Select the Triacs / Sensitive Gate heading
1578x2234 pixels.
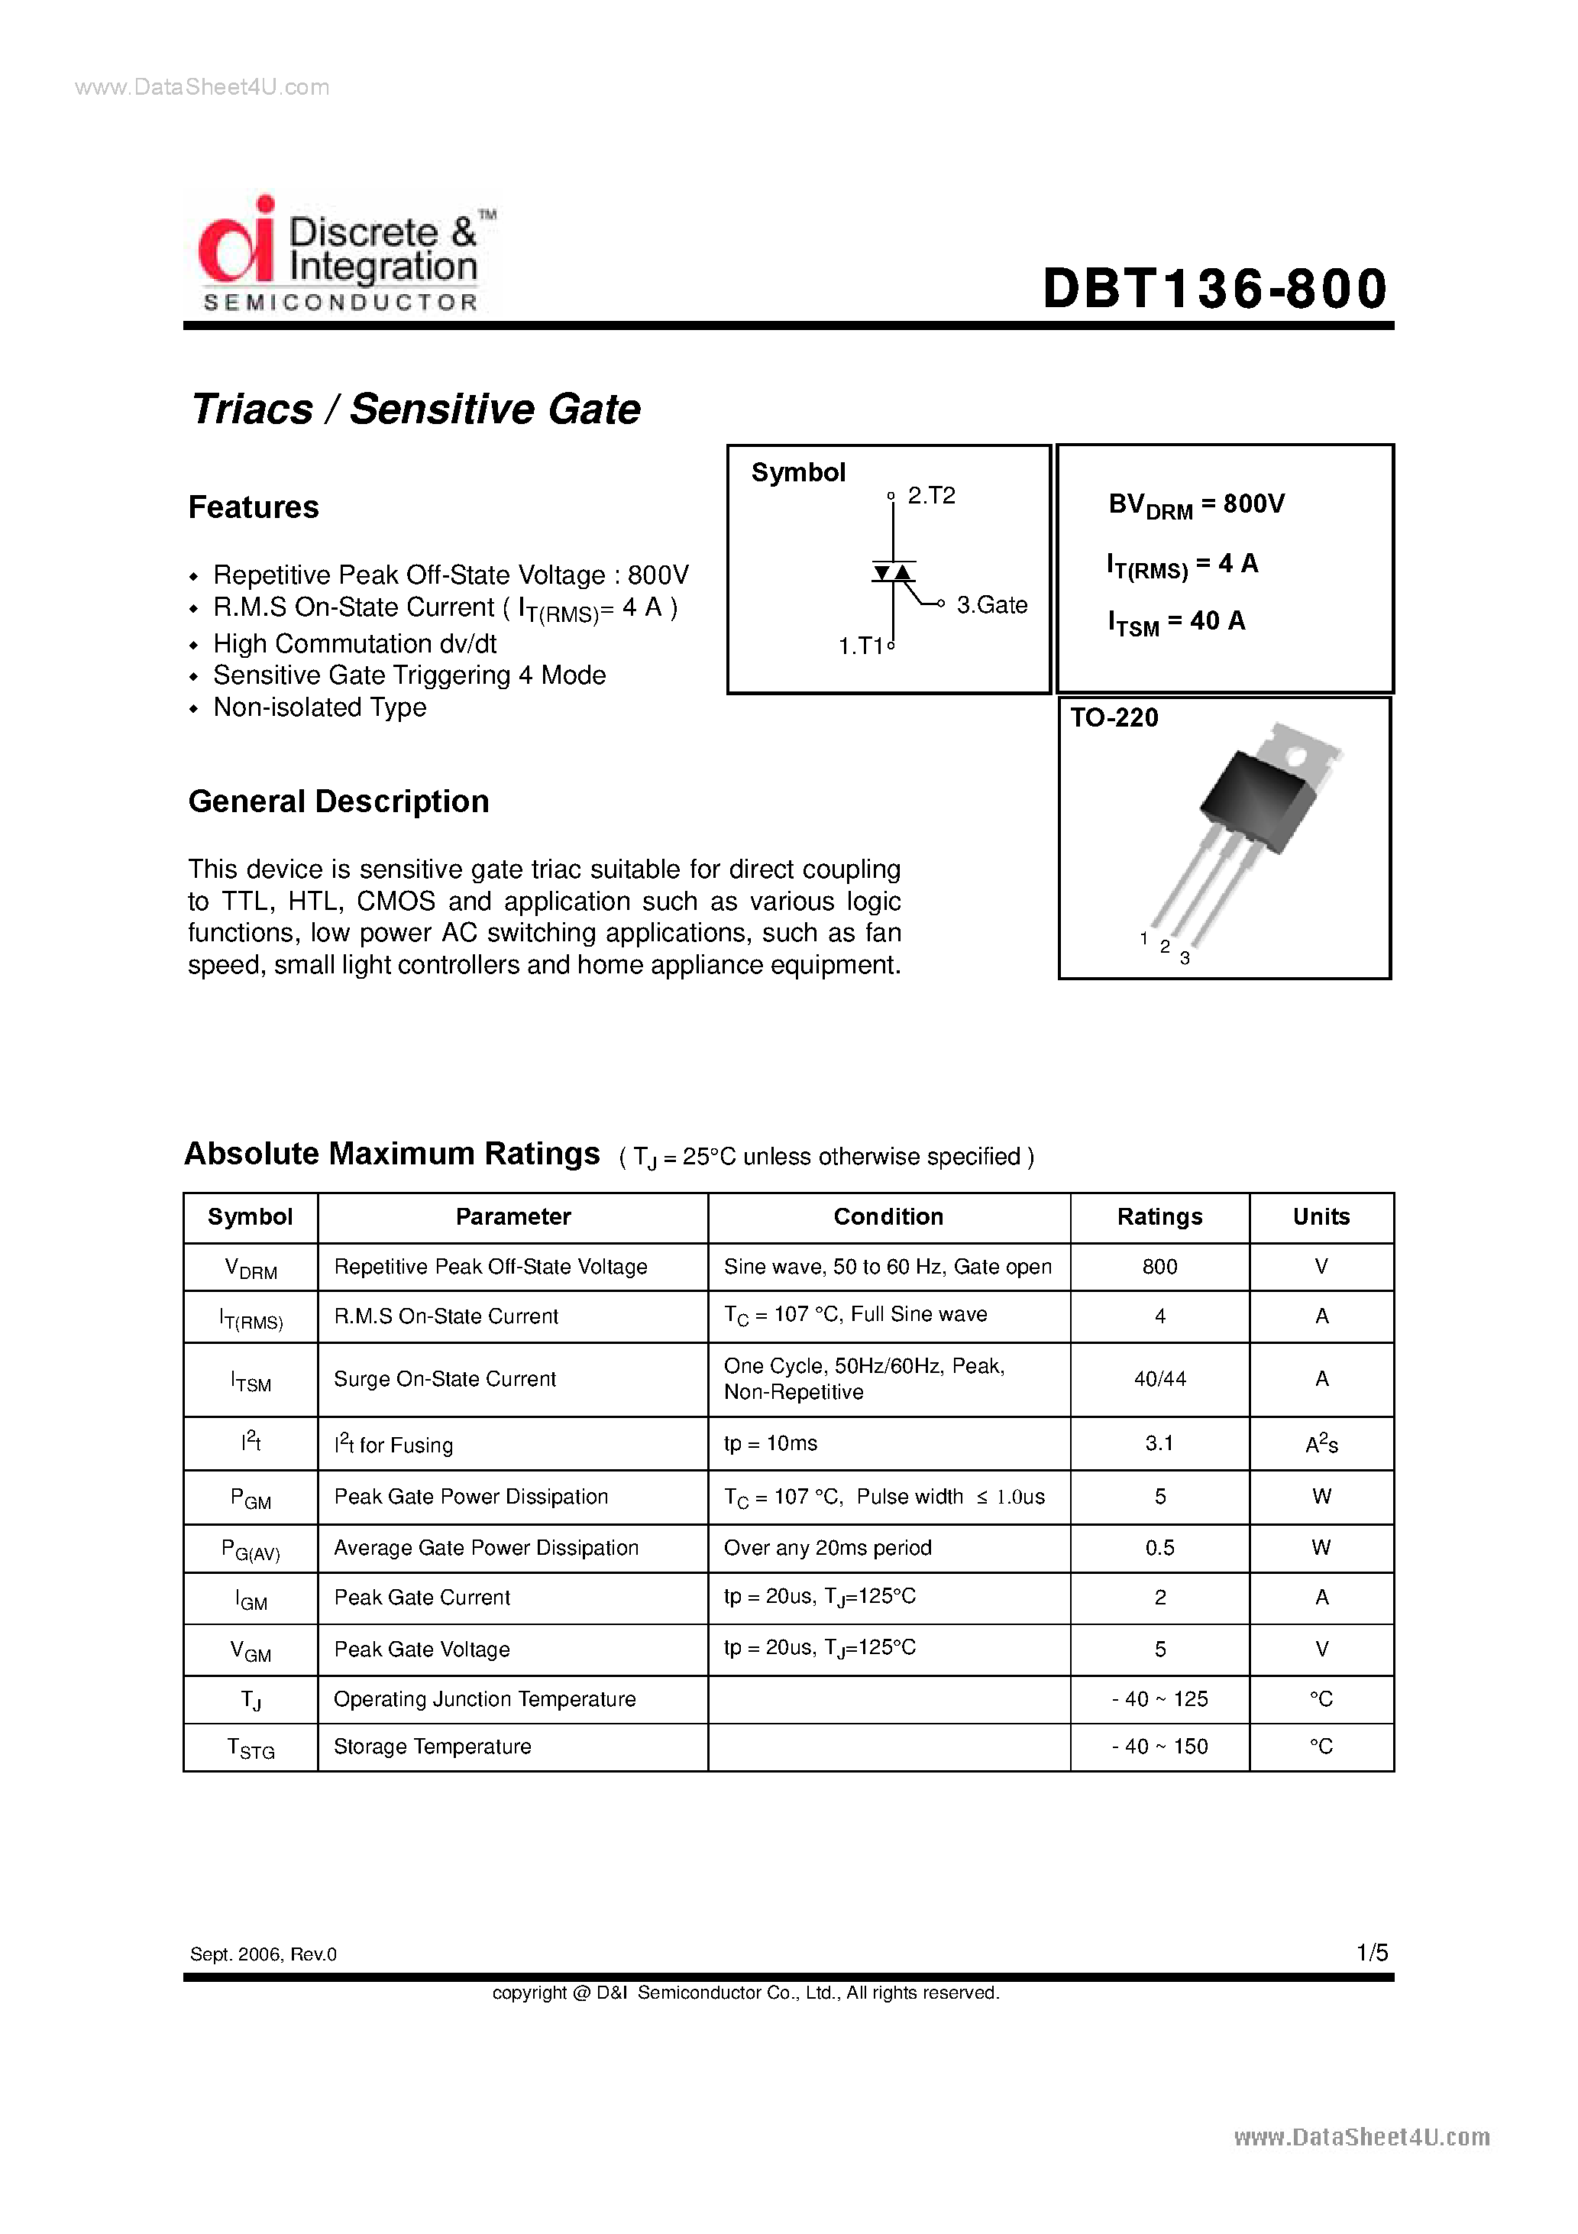[416, 409]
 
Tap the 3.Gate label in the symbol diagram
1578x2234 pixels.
[991, 605]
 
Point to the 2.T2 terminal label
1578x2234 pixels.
[930, 495]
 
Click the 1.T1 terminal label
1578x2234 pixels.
[861, 646]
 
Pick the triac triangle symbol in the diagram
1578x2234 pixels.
[892, 572]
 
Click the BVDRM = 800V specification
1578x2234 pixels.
[1195, 505]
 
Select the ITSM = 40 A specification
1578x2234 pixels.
[1175, 622]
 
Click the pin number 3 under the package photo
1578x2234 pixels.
[1184, 958]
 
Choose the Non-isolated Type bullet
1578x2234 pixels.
[319, 707]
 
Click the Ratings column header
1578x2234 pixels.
[1159, 1216]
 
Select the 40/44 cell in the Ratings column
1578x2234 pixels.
[1159, 1379]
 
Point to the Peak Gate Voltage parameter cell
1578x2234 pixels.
[422, 1650]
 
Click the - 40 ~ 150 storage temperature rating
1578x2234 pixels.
[1159, 1747]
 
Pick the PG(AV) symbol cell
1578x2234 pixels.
[250, 1549]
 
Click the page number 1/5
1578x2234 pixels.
[1372, 1952]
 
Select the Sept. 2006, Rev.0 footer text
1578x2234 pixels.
[263, 1954]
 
